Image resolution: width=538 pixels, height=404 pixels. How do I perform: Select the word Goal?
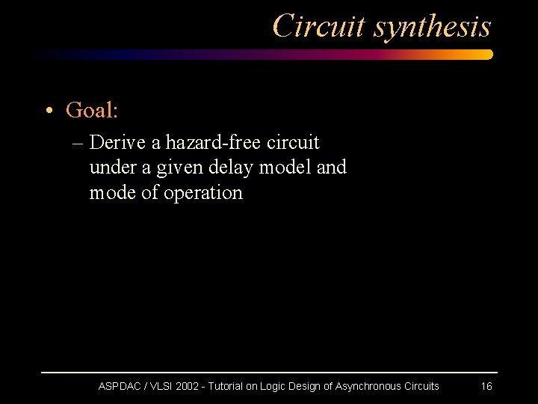tap(92, 111)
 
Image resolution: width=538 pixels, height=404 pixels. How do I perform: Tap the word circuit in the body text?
tap(294, 141)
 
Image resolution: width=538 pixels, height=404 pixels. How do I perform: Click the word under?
tap(109, 167)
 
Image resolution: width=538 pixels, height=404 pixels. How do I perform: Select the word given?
tap(179, 168)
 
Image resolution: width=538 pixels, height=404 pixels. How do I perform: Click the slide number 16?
tap(486, 386)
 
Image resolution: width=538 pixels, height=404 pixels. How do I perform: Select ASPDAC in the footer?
tap(122, 386)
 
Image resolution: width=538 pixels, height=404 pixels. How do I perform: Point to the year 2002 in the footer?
tap(188, 386)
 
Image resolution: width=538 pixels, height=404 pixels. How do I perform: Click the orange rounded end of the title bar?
tap(486, 55)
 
